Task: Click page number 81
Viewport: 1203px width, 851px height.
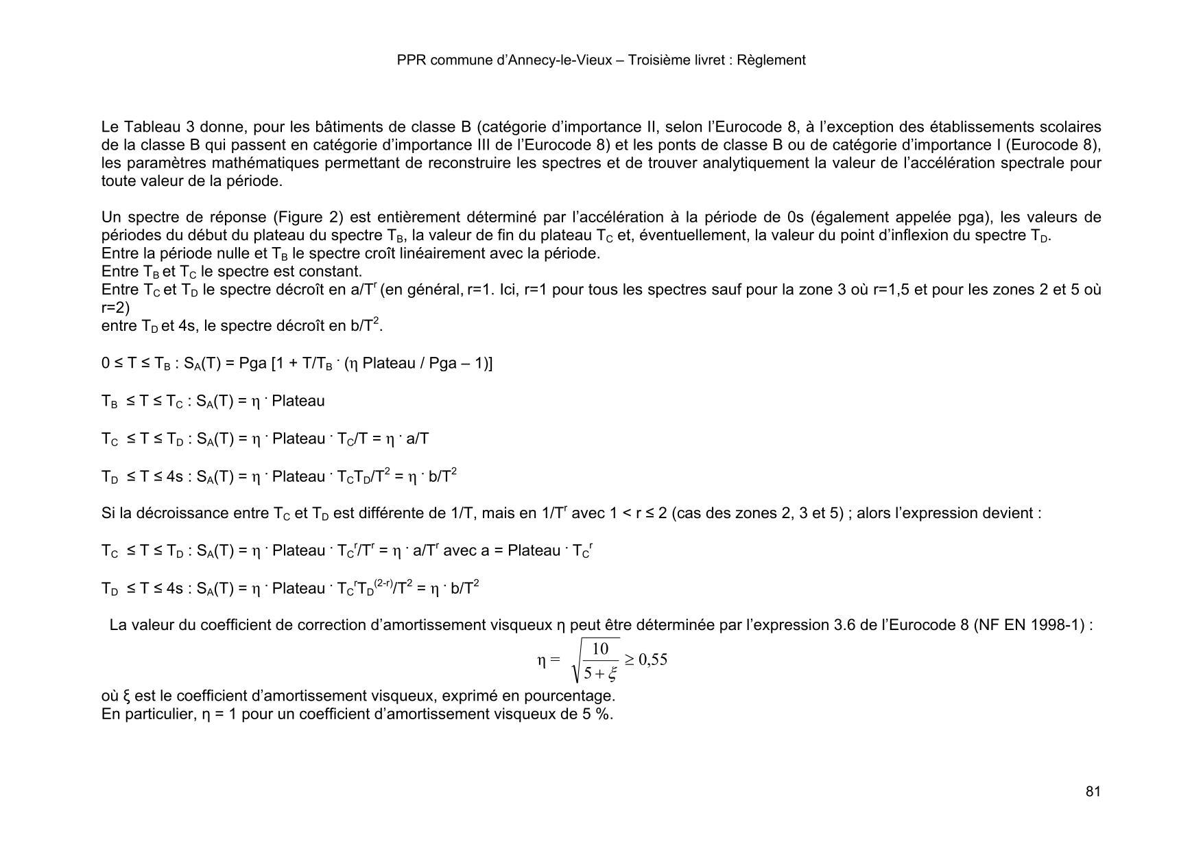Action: (x=1093, y=791)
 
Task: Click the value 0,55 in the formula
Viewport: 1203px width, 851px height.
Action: (x=652, y=660)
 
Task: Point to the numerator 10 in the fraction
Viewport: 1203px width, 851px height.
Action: (x=600, y=649)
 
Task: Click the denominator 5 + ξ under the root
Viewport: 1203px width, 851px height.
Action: (x=600, y=674)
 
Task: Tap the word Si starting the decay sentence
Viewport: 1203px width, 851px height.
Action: (x=108, y=513)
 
